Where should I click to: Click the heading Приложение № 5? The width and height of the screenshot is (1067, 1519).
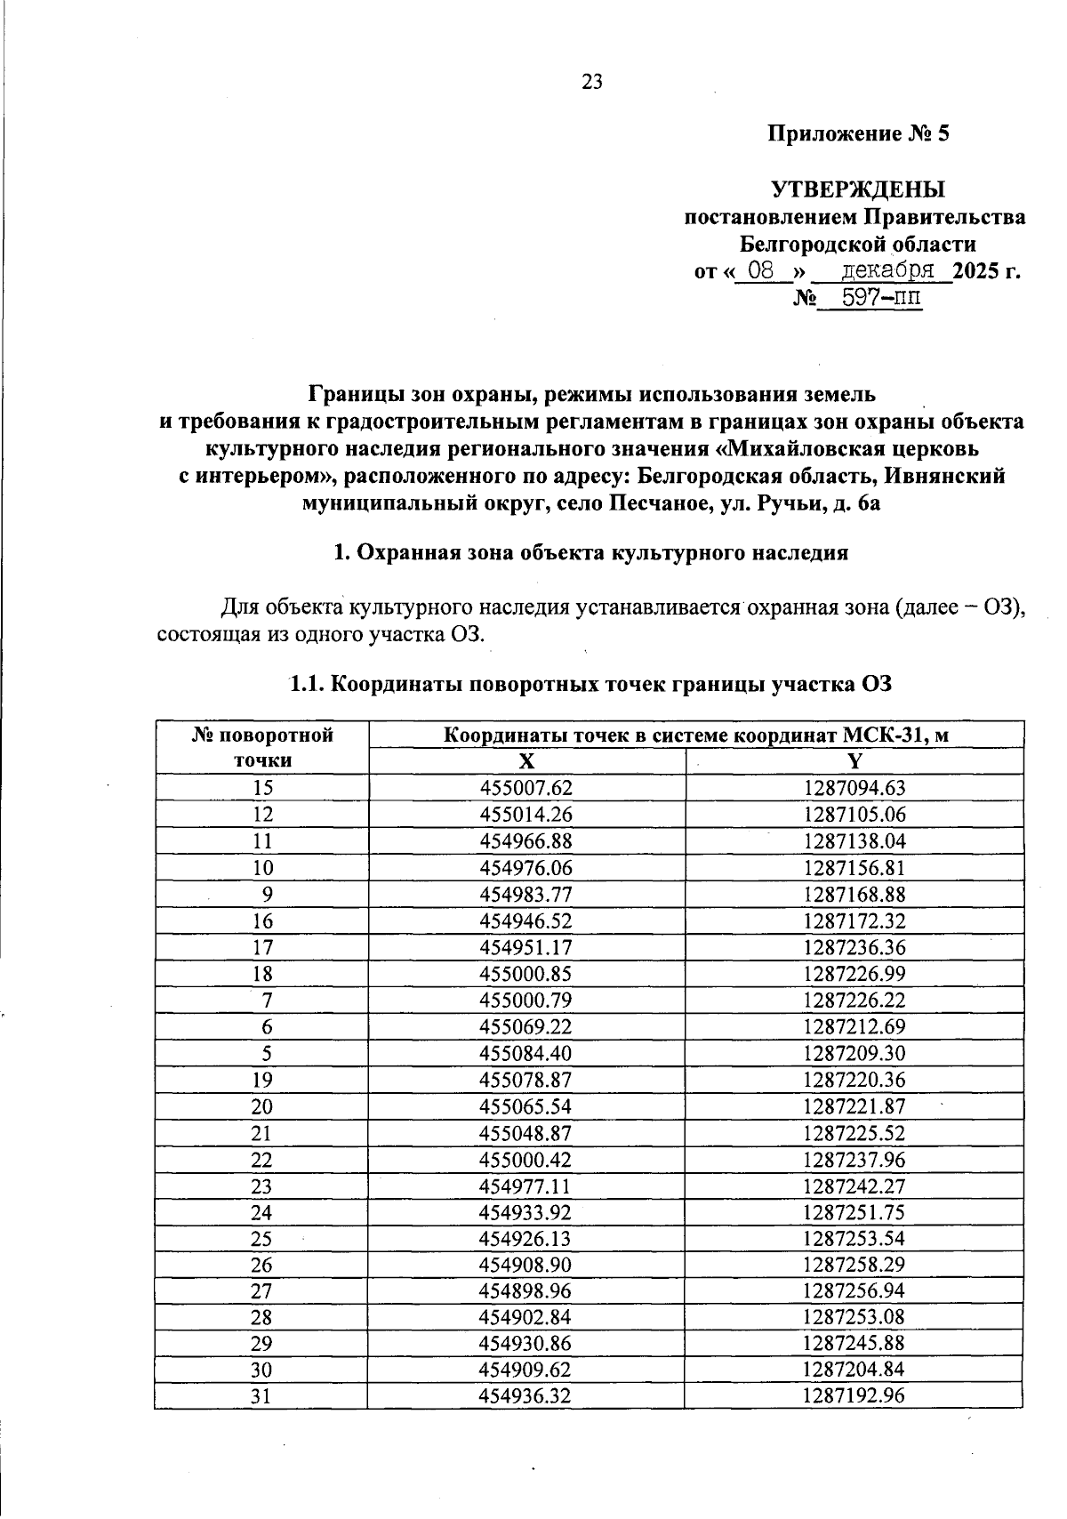859,135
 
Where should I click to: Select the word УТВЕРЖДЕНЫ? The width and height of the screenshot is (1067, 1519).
858,190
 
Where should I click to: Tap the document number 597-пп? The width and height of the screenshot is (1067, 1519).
870,298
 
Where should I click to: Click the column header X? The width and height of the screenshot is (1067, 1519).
526,761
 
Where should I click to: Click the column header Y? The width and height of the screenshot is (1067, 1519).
854,761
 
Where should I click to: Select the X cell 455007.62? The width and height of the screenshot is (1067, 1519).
525,788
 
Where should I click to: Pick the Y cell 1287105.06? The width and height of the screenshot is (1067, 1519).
854,815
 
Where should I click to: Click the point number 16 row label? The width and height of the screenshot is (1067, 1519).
262,921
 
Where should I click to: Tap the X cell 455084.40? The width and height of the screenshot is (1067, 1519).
525,1054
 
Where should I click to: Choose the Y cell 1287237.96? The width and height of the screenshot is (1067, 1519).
854,1160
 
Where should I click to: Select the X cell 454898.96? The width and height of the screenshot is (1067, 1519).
525,1291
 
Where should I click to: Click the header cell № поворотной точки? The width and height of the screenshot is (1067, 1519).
262,748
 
